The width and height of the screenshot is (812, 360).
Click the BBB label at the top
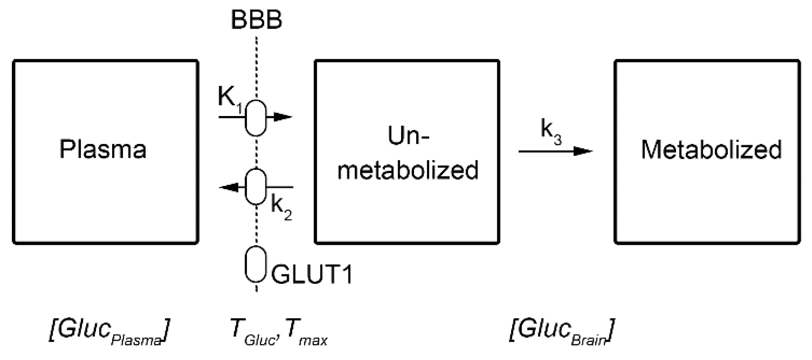(x=256, y=20)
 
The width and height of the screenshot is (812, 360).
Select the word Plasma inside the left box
(x=103, y=149)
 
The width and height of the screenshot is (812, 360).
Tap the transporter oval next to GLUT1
(x=256, y=264)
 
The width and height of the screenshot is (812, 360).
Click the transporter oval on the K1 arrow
(x=256, y=118)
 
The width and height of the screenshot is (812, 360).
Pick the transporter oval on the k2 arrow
(x=256, y=187)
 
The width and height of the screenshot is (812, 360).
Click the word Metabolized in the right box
(x=711, y=150)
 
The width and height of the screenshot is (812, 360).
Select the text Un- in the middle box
(x=408, y=136)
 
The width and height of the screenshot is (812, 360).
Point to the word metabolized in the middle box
(x=408, y=170)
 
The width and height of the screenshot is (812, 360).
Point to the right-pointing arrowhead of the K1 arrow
(x=282, y=117)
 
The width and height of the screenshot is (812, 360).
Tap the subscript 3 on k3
(x=558, y=139)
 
